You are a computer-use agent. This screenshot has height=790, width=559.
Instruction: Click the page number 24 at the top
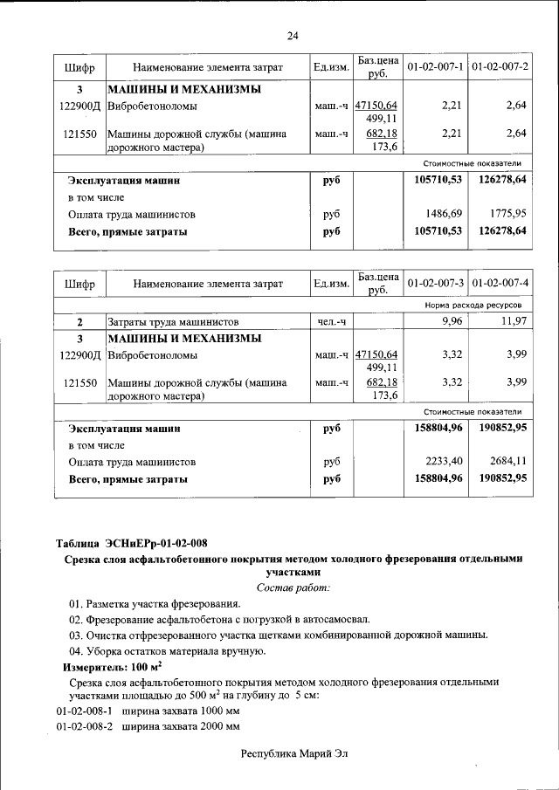point(293,35)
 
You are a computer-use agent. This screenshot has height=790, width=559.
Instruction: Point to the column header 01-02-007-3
point(434,284)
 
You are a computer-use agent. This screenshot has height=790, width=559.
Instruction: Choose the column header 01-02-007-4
point(499,284)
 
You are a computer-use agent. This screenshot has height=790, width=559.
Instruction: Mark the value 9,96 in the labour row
point(451,323)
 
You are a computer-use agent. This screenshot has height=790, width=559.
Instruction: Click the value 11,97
point(514,323)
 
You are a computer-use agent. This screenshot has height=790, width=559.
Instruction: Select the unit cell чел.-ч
point(331,323)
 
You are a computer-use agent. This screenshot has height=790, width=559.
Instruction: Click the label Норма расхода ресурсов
point(473,306)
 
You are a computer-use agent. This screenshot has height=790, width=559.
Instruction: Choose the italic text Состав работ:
point(293,587)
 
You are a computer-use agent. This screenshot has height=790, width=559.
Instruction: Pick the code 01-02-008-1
point(85,711)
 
